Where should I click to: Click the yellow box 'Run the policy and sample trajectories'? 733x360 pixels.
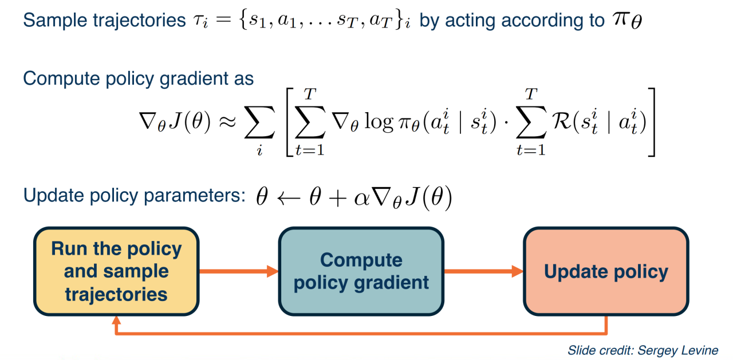pyautogui.click(x=116, y=271)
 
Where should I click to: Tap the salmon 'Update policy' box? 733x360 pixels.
pyautogui.click(x=606, y=271)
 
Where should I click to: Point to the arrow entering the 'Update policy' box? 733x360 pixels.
pyautogui.click(x=484, y=271)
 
